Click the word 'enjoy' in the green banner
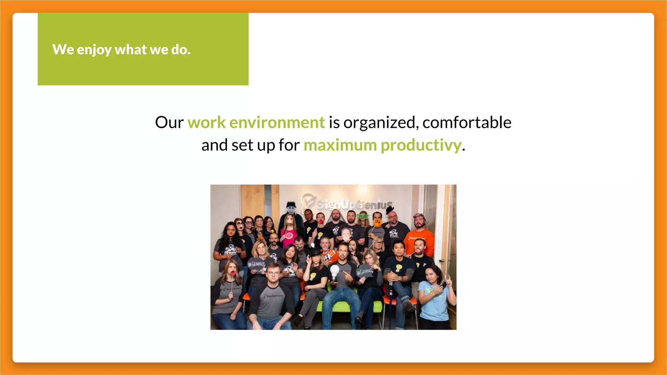[x=94, y=50]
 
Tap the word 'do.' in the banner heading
[x=181, y=49]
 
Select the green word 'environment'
[x=277, y=123]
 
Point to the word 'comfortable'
[x=467, y=123]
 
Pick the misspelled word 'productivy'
[x=421, y=145]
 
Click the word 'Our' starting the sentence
[x=169, y=123]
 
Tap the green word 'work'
[x=206, y=123]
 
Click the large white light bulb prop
[x=334, y=272]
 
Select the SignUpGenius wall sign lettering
[x=353, y=204]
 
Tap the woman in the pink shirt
[x=289, y=233]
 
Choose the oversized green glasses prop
[x=363, y=215]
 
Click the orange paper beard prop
[x=377, y=223]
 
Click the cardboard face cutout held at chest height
[x=346, y=233]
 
